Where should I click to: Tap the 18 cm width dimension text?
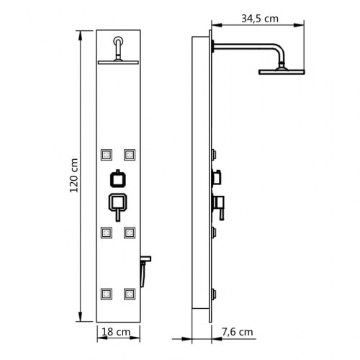click(x=117, y=333)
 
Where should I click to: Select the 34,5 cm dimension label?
click(x=261, y=19)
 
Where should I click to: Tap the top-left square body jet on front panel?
click(x=107, y=153)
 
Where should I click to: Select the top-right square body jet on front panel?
click(x=130, y=153)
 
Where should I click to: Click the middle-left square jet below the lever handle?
click(x=107, y=232)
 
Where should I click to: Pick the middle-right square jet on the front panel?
click(x=130, y=232)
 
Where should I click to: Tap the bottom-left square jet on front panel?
click(x=107, y=294)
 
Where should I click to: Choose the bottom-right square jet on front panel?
click(x=130, y=294)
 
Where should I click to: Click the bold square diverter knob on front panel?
click(x=117, y=179)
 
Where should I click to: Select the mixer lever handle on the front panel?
click(x=117, y=205)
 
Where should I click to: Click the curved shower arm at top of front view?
click(x=117, y=48)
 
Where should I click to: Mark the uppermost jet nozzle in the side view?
click(x=215, y=153)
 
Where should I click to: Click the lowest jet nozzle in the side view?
click(x=215, y=294)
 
